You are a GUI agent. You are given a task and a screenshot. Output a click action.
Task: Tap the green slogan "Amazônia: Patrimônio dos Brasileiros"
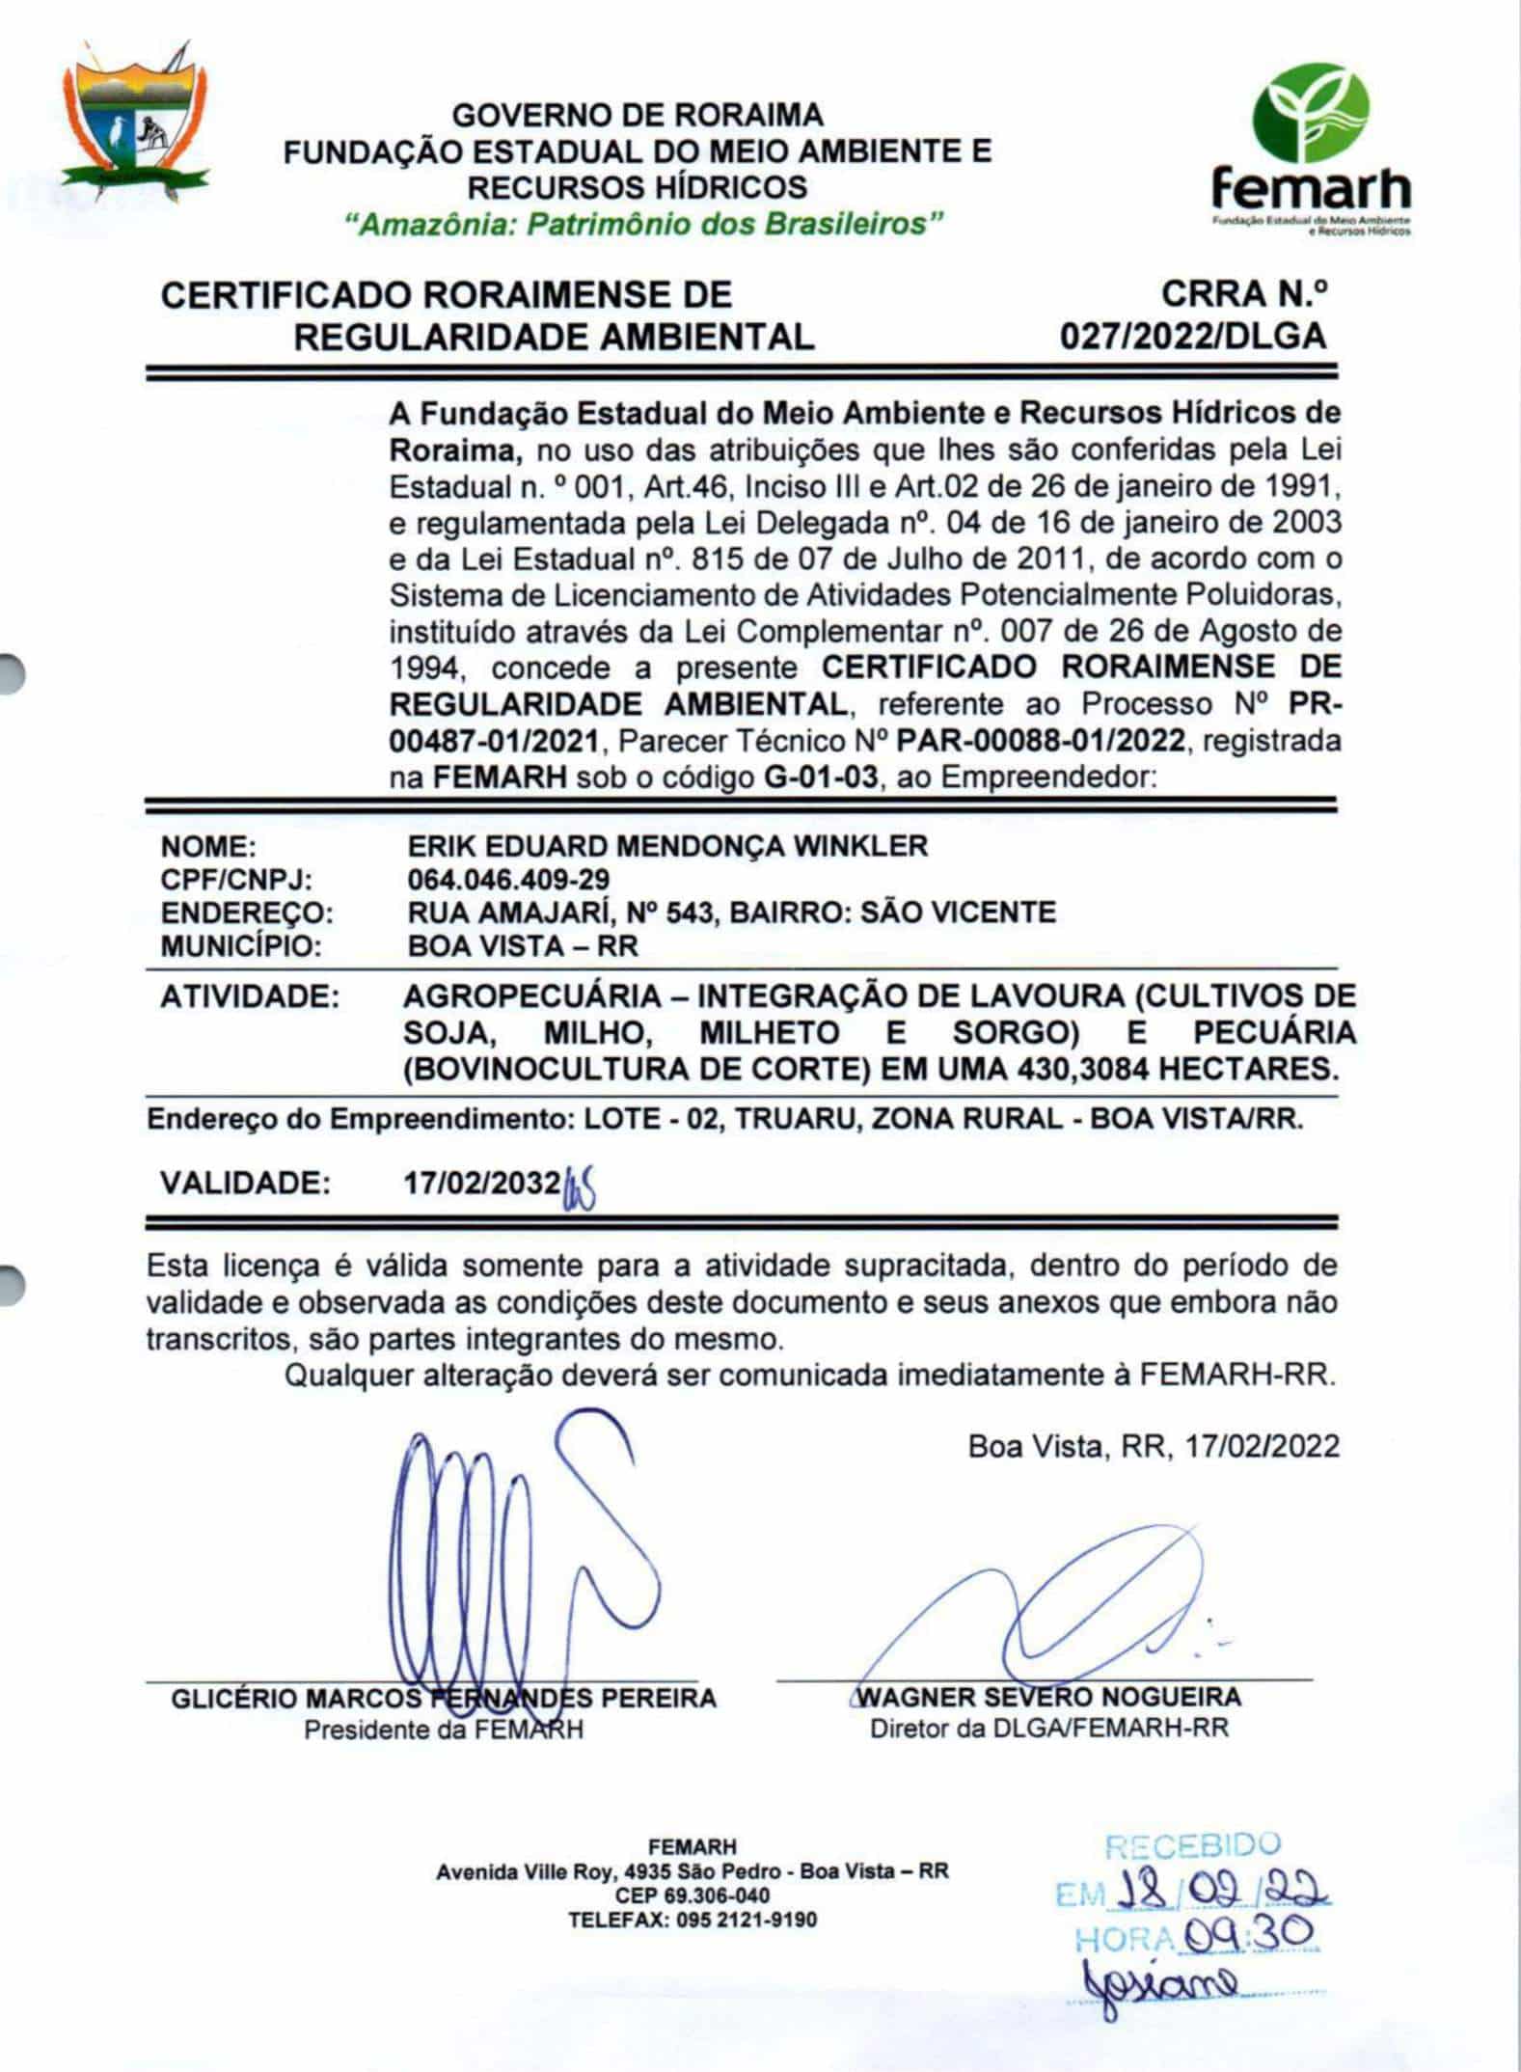[643, 225]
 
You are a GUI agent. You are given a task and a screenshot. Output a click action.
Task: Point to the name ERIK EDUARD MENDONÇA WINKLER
[666, 846]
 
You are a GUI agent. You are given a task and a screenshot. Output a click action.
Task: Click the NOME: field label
[208, 846]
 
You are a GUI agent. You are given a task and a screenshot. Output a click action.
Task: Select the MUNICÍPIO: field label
[240, 945]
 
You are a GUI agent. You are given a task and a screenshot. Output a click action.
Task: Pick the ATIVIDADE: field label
[250, 995]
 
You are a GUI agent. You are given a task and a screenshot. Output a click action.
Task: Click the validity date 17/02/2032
[481, 1183]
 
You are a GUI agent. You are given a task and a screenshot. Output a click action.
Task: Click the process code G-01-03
[820, 777]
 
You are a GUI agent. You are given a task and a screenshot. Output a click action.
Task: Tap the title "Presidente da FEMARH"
[444, 1730]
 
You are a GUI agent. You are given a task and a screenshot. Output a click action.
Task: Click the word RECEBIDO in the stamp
[1192, 1846]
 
